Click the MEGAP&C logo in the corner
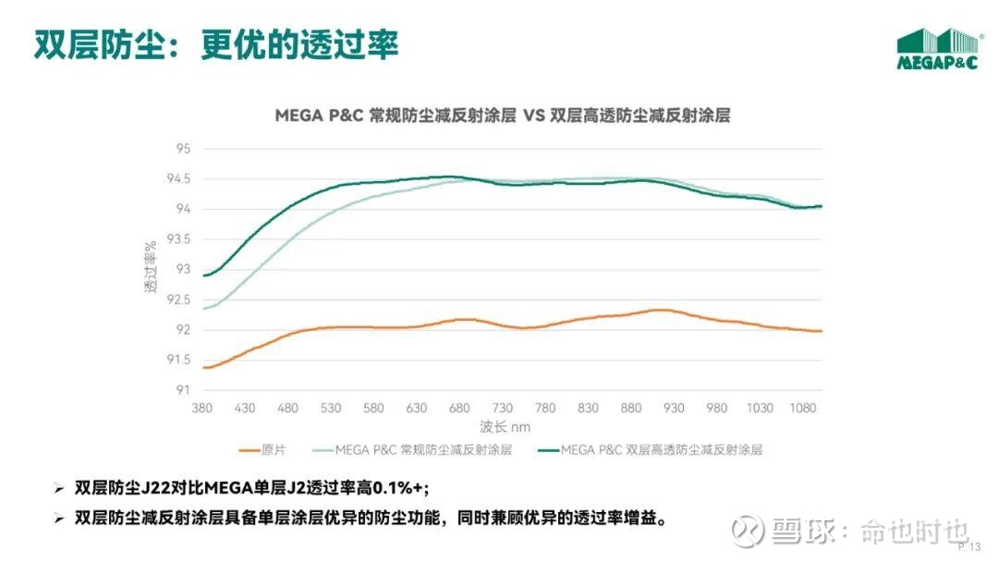[x=937, y=48]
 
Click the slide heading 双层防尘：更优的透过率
[x=216, y=44]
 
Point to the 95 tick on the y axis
[x=182, y=149]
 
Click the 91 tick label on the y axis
[x=182, y=390]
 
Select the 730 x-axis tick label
[x=502, y=409]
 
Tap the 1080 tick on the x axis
[x=803, y=409]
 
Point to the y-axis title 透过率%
[x=150, y=269]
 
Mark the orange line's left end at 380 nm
[x=203, y=368]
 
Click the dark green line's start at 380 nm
[x=203, y=275]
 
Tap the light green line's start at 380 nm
[x=203, y=308]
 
